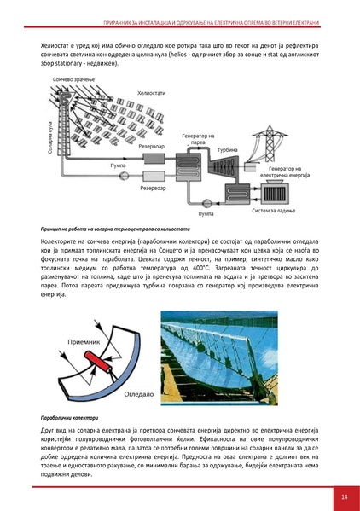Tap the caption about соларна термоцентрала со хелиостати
pos(111,229)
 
